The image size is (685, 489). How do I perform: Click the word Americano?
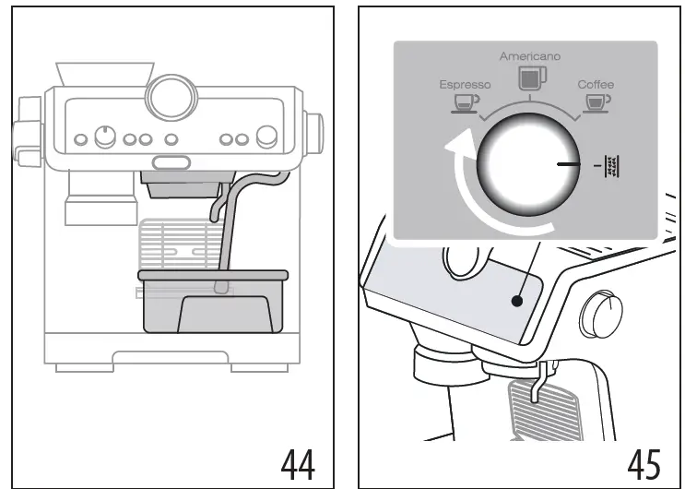(x=529, y=57)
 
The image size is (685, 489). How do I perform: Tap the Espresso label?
(x=465, y=84)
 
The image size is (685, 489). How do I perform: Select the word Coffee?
(x=596, y=84)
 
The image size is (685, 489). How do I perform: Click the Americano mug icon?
(x=529, y=78)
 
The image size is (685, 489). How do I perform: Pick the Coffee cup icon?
(x=597, y=101)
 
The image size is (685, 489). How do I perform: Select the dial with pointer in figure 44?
(x=106, y=137)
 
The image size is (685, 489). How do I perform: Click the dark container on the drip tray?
(x=212, y=302)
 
